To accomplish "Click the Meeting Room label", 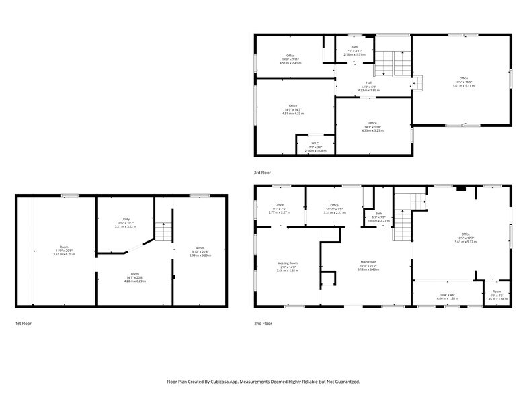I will [288, 263].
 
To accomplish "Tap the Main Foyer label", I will [369, 263].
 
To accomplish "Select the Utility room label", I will [125, 220].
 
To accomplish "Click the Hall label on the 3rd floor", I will [369, 83].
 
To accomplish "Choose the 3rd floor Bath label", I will [354, 47].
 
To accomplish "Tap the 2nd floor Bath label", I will [379, 214].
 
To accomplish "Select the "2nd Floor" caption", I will [263, 324].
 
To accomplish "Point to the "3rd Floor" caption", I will [263, 173].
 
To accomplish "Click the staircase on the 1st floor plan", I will [164, 232].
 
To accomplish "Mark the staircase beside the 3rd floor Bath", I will [391, 64].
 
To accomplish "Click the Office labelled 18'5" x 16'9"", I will [463, 79].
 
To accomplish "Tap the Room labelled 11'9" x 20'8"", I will [64, 247].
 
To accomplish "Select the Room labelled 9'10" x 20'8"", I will [200, 249].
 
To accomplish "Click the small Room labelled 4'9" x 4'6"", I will [496, 292].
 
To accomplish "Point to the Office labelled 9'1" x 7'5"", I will [280, 205].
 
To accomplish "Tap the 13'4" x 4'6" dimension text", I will [447, 294].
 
